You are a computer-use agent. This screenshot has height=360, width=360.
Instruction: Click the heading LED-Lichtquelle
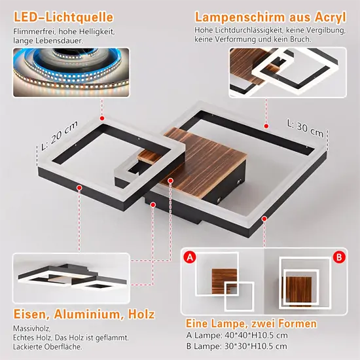pos(63,18)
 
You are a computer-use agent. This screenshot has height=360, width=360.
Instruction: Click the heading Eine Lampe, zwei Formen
pos(251,323)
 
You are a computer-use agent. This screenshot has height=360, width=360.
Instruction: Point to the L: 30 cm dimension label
pos(305,123)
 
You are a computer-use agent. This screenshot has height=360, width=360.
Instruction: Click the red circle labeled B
pos(339,258)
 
